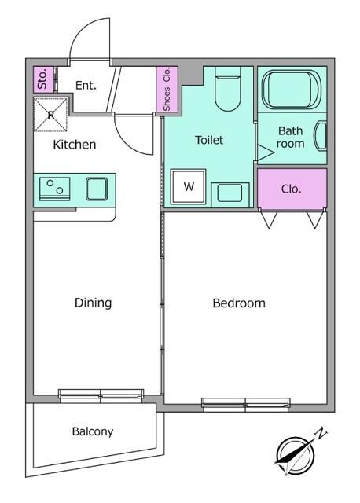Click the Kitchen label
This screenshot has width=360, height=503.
[75, 145]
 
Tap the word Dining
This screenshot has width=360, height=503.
[93, 303]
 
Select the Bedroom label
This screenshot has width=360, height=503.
[239, 303]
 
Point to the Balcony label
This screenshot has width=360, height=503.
[93, 431]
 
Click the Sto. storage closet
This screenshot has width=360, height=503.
[43, 79]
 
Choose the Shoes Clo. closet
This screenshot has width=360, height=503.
[167, 89]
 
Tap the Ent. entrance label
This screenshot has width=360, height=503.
[86, 85]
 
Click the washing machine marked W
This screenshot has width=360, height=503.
[189, 187]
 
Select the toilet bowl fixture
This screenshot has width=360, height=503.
[227, 89]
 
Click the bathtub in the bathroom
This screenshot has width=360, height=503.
[292, 89]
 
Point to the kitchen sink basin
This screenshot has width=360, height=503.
[97, 189]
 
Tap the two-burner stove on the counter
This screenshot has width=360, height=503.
[54, 189]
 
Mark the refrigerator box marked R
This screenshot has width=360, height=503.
[50, 115]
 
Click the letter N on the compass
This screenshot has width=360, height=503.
[321, 434]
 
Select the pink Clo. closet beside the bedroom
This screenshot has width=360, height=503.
[292, 189]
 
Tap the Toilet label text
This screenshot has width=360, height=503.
[209, 140]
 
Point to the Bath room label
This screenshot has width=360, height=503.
[290, 137]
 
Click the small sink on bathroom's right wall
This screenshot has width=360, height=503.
[321, 136]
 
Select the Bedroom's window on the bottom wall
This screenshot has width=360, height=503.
[246, 404]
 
